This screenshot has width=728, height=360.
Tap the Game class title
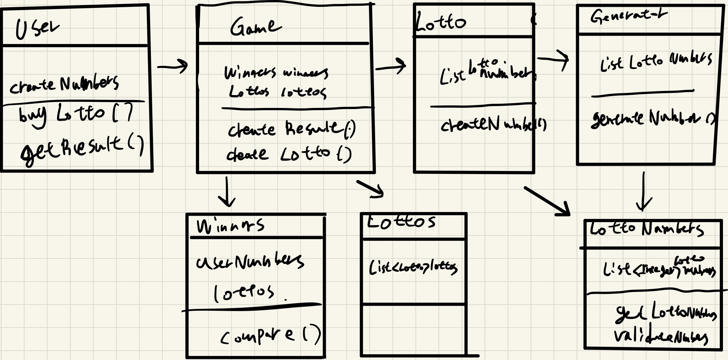255,27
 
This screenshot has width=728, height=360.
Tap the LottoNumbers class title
646,229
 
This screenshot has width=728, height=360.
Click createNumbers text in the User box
64,85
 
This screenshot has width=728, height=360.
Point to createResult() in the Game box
292,129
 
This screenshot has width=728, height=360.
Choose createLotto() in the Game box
289,154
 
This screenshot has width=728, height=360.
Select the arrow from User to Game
172,66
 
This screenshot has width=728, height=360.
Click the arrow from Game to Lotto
390,67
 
